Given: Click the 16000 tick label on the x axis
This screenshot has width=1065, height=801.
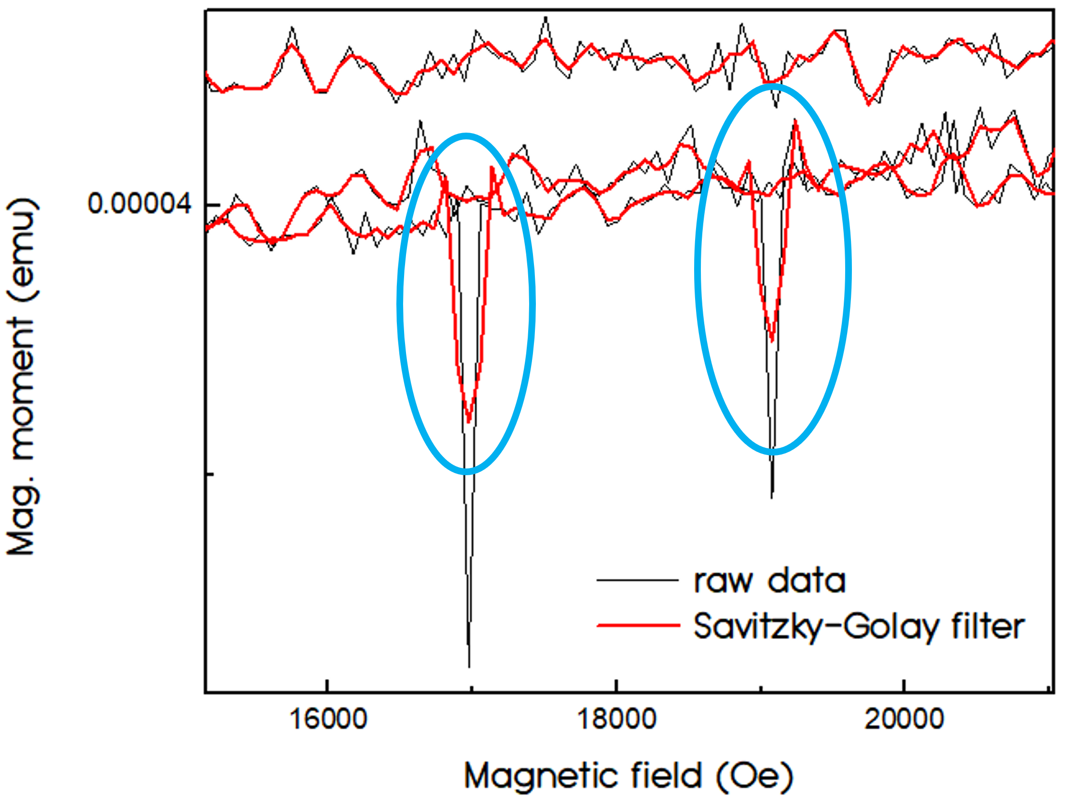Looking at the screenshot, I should [329, 720].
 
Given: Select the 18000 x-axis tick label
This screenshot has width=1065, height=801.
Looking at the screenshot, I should [616, 720].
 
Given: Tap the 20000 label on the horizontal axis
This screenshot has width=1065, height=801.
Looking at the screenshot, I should [904, 720].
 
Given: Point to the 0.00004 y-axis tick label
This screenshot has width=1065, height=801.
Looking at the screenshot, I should [139, 204].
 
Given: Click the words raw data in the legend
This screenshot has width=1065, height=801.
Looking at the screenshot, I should [769, 580].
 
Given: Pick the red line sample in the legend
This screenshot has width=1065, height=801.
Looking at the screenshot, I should [638, 626].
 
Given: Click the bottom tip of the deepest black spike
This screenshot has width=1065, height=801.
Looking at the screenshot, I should [469, 666].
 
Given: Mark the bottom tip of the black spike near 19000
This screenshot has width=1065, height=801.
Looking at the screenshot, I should [772, 497].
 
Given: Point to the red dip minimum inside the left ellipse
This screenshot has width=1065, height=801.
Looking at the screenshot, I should [469, 422].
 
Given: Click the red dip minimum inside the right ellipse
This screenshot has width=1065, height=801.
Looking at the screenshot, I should [772, 341].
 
